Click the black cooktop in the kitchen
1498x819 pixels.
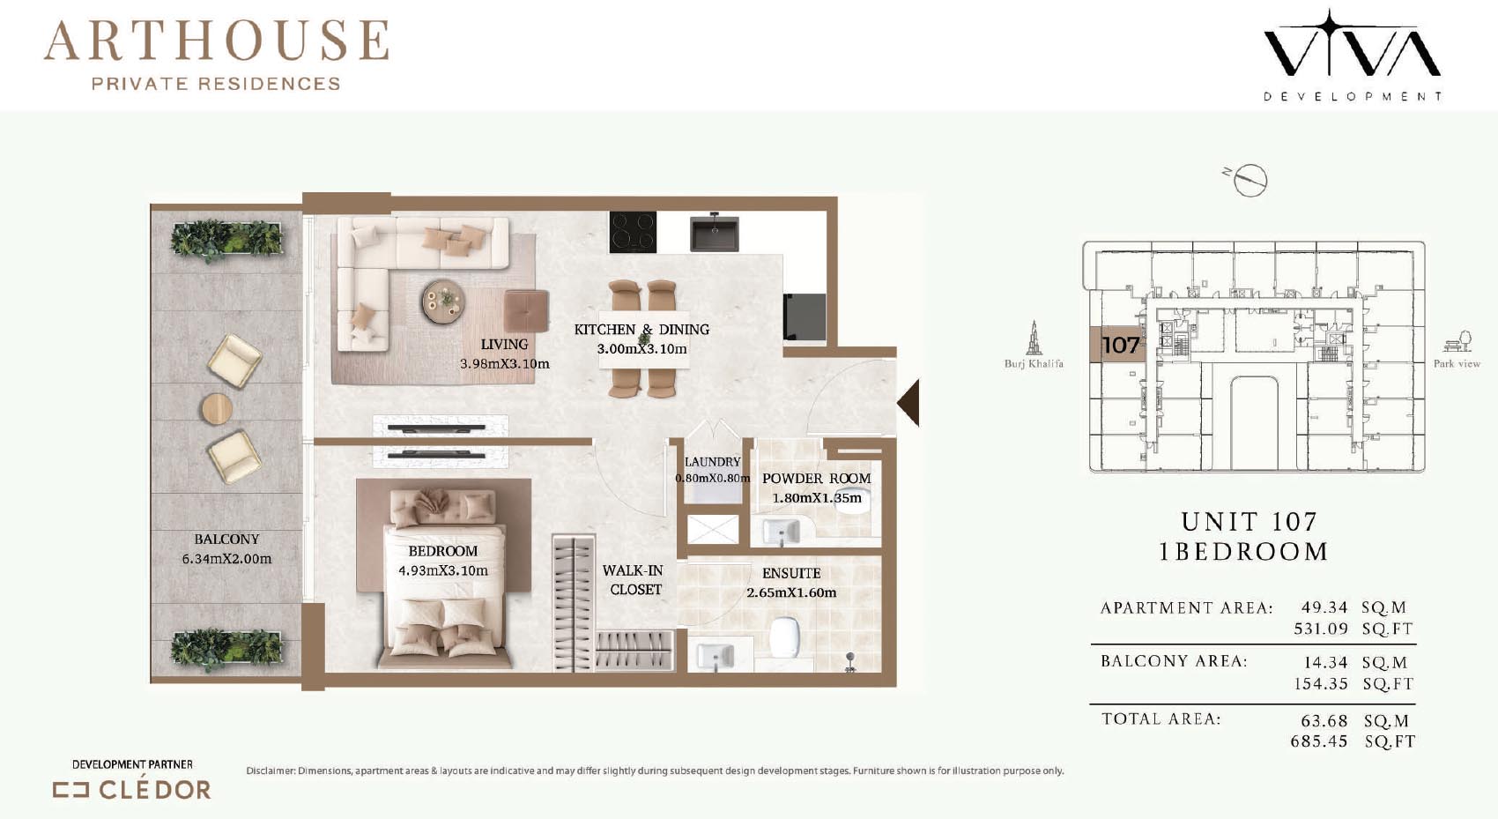633,232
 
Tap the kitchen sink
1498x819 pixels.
715,232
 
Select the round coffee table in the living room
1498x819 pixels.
442,302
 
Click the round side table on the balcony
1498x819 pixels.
217,408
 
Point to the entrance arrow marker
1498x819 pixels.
908,402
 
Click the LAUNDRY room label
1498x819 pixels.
712,462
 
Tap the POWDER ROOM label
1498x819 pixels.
817,479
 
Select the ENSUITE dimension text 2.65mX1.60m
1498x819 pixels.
791,592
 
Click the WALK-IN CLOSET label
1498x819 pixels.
633,580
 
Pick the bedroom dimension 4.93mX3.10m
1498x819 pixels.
442,570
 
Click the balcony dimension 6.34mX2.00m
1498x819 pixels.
226,559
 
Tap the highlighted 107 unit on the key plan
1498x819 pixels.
1116,345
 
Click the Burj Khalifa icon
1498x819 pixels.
1034,338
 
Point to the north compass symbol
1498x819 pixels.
1248,180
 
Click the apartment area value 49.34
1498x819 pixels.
1324,607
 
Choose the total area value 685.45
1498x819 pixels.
1319,741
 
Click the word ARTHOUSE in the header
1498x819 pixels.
217,41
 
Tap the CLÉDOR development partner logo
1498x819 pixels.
132,790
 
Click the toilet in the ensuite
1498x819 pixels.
785,637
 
